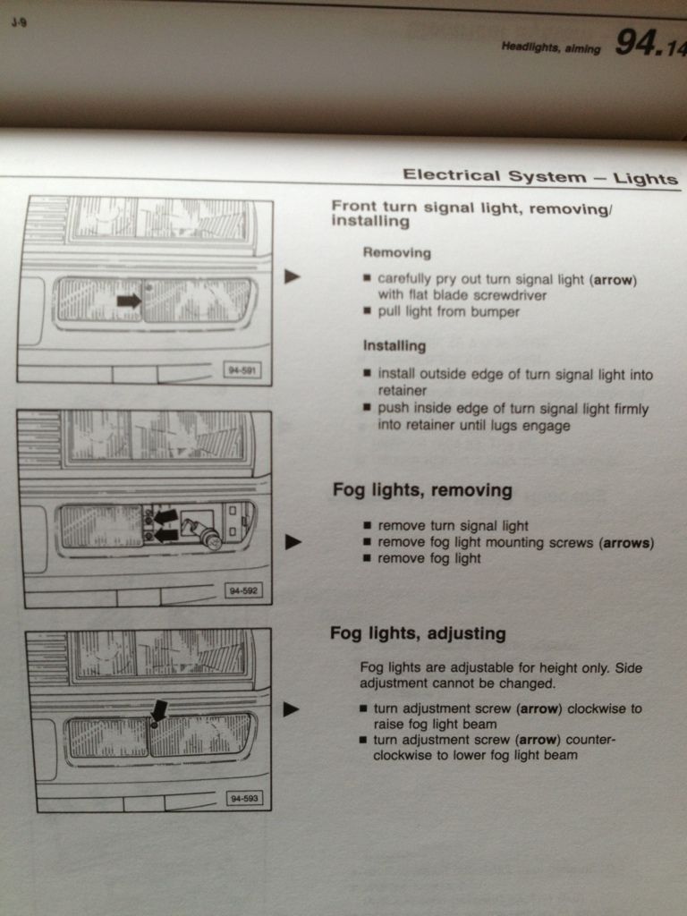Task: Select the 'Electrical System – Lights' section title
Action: pyautogui.click(x=540, y=176)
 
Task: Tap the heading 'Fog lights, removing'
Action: pyautogui.click(x=422, y=489)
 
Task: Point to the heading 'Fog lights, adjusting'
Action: pyautogui.click(x=418, y=633)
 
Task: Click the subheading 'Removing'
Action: pyautogui.click(x=396, y=252)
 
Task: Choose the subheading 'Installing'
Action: pyautogui.click(x=394, y=345)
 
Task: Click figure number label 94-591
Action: pyautogui.click(x=242, y=370)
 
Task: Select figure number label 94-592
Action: pyautogui.click(x=243, y=590)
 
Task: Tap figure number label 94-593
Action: pyautogui.click(x=244, y=798)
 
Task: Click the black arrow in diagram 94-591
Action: pyautogui.click(x=129, y=301)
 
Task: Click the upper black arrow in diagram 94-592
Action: pyautogui.click(x=165, y=516)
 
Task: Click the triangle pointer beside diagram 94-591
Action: pyautogui.click(x=293, y=276)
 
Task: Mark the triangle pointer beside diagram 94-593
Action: pyautogui.click(x=291, y=709)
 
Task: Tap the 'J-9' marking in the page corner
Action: pyautogui.click(x=18, y=24)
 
